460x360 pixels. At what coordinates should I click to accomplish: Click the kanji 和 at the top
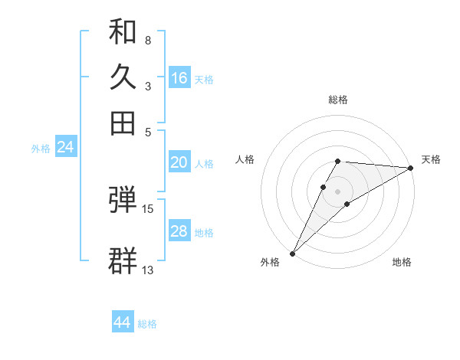[123, 31]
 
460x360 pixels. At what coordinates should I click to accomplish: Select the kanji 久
[123, 77]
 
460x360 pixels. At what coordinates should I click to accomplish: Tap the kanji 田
[123, 122]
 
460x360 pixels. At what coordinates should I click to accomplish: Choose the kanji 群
[123, 260]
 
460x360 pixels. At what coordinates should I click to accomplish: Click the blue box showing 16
[179, 78]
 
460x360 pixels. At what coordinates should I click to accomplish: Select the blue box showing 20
[179, 162]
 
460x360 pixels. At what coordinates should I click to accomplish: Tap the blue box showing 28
[179, 231]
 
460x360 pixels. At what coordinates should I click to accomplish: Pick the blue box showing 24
[65, 147]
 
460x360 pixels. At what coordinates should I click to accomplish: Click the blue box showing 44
[123, 322]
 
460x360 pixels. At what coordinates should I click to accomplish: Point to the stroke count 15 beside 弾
[148, 208]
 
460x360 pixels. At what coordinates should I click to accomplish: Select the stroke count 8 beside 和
[148, 40]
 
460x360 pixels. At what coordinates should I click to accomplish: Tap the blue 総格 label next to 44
[147, 324]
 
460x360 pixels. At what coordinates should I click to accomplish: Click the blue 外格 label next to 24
[41, 149]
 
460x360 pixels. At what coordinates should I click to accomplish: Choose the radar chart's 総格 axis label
[337, 100]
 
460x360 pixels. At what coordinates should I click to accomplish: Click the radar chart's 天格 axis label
[431, 159]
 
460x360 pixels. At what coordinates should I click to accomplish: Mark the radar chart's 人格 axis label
[245, 159]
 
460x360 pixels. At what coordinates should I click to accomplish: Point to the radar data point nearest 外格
[292, 253]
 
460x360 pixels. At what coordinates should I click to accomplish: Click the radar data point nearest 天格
[410, 168]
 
